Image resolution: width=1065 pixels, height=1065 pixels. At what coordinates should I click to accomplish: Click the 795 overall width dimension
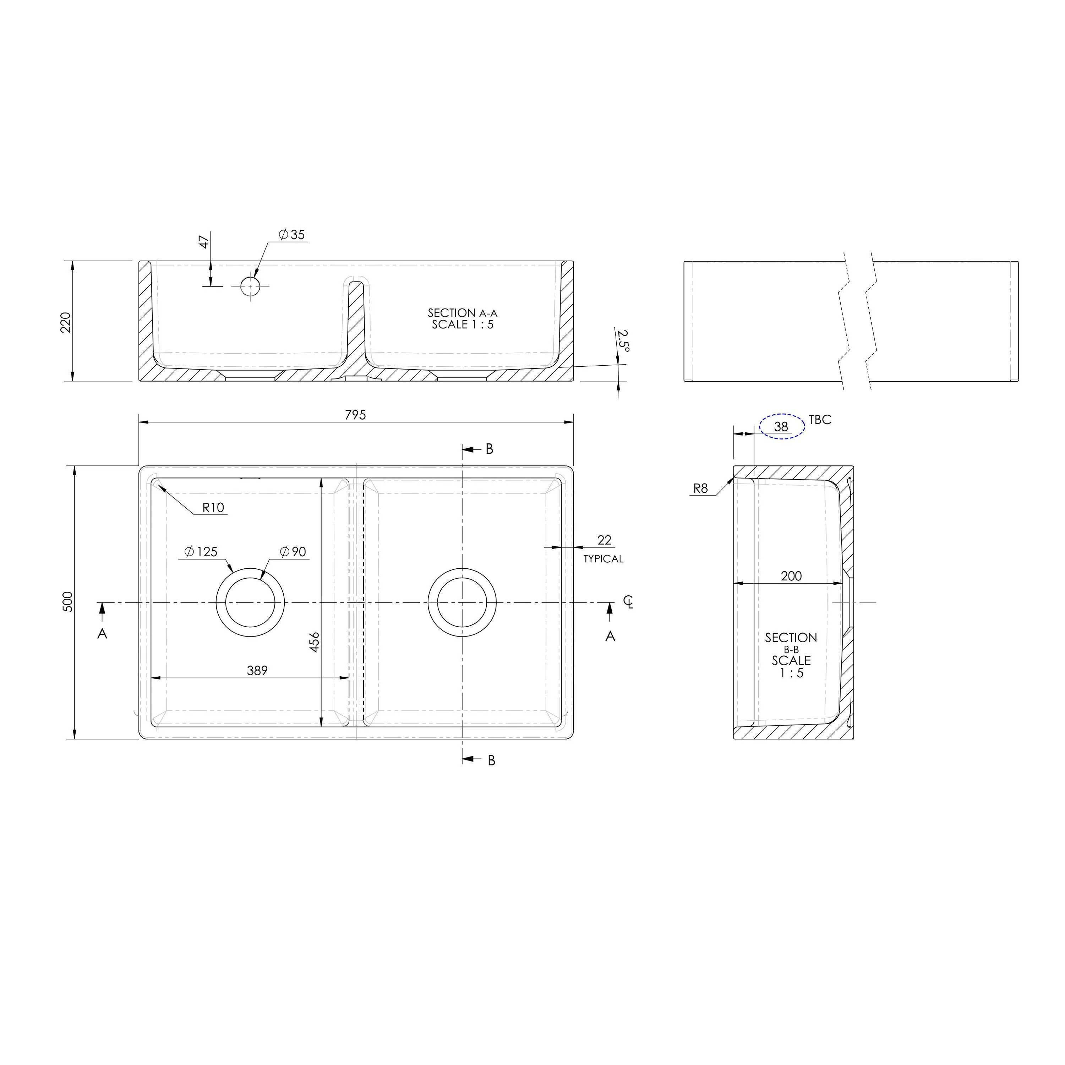[x=355, y=415]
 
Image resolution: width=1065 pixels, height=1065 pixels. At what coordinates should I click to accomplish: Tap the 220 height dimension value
[x=66, y=322]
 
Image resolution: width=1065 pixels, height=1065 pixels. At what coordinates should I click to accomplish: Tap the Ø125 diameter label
[x=201, y=552]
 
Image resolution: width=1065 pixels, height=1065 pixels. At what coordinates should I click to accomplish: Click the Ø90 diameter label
[x=293, y=552]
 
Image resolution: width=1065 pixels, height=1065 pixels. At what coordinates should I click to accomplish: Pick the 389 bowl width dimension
[x=257, y=670]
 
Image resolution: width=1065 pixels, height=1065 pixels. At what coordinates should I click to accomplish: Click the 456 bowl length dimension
[x=314, y=642]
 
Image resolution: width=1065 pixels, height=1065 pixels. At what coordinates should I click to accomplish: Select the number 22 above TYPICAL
[x=604, y=540]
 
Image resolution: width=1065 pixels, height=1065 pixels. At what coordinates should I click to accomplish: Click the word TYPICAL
[x=603, y=559]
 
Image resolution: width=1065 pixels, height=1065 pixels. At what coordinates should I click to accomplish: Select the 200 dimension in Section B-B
[x=791, y=576]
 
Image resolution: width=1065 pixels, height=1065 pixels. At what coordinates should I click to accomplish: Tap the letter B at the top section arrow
[x=489, y=449]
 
